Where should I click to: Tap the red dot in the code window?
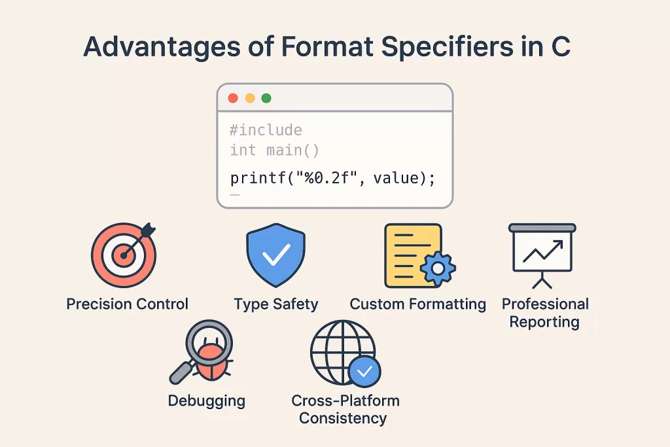click(233, 98)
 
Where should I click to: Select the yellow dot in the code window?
click(250, 98)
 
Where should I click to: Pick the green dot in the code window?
click(266, 98)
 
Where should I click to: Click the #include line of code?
click(266, 130)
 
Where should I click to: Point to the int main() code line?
click(274, 151)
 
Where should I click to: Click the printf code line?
click(332, 177)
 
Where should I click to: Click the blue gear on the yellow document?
click(437, 268)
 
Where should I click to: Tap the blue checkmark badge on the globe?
click(364, 371)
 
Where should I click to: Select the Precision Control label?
click(127, 304)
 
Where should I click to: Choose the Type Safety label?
click(275, 304)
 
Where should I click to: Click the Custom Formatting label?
click(417, 304)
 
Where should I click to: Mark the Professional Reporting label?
click(544, 313)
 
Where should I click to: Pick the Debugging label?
click(206, 401)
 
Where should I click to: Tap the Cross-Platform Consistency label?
click(345, 409)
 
